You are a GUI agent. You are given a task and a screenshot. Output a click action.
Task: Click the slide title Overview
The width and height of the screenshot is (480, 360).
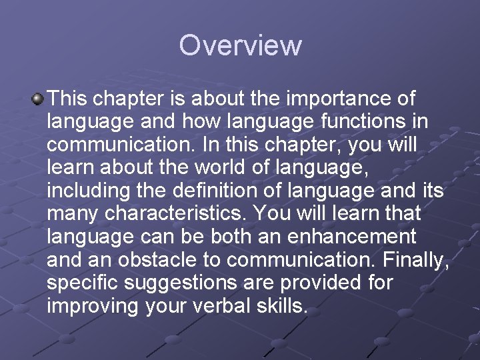click(x=240, y=46)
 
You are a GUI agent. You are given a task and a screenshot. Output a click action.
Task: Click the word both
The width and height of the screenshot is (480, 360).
click(x=229, y=237)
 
